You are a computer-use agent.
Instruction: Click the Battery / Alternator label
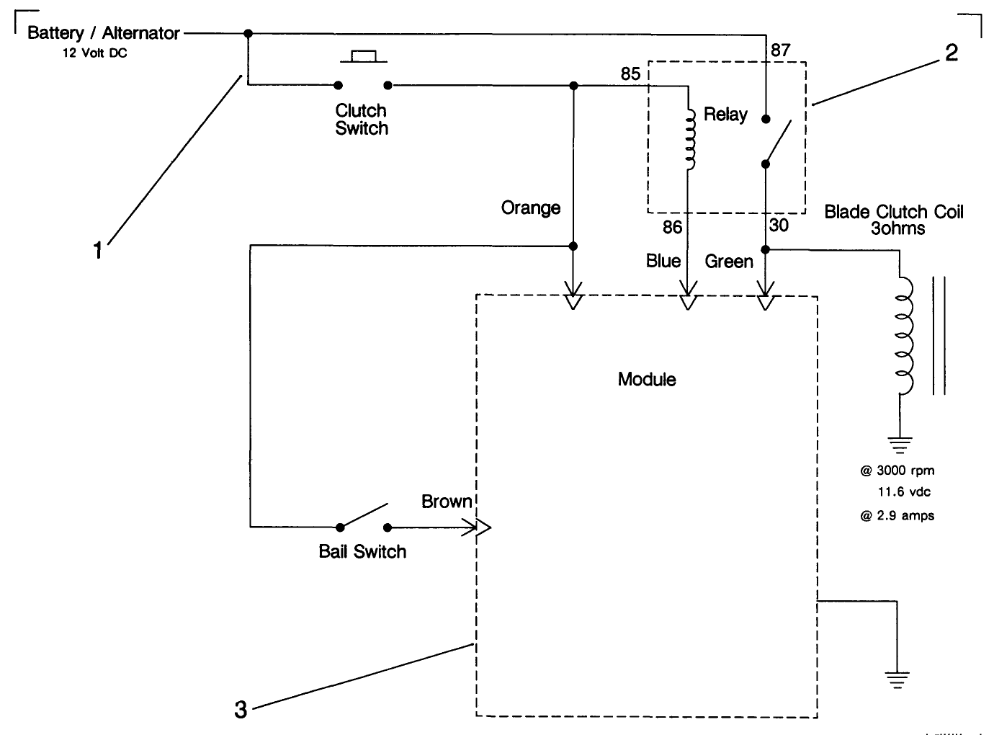coord(103,33)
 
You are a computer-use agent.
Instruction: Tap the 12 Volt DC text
coord(94,53)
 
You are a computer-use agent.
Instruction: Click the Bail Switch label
coord(362,552)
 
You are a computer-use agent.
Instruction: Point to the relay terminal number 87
coord(780,50)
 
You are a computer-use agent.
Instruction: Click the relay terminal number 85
coord(630,74)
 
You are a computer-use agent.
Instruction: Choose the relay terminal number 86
coord(672,227)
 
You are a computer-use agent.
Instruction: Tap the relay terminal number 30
coord(779,226)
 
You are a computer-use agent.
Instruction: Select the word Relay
coord(725,115)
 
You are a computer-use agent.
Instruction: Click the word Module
coord(647,380)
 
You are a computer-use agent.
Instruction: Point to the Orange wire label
coord(531,208)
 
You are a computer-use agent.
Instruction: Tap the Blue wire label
coord(663,261)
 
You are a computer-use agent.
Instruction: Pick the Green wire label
coord(729,262)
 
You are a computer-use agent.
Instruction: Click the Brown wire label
coord(447,502)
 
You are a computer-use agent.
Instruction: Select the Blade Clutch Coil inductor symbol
coord(903,337)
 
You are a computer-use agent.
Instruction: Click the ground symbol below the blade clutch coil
coord(900,444)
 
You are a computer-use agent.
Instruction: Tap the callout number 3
coord(241,710)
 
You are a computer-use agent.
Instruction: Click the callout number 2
coord(951,53)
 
